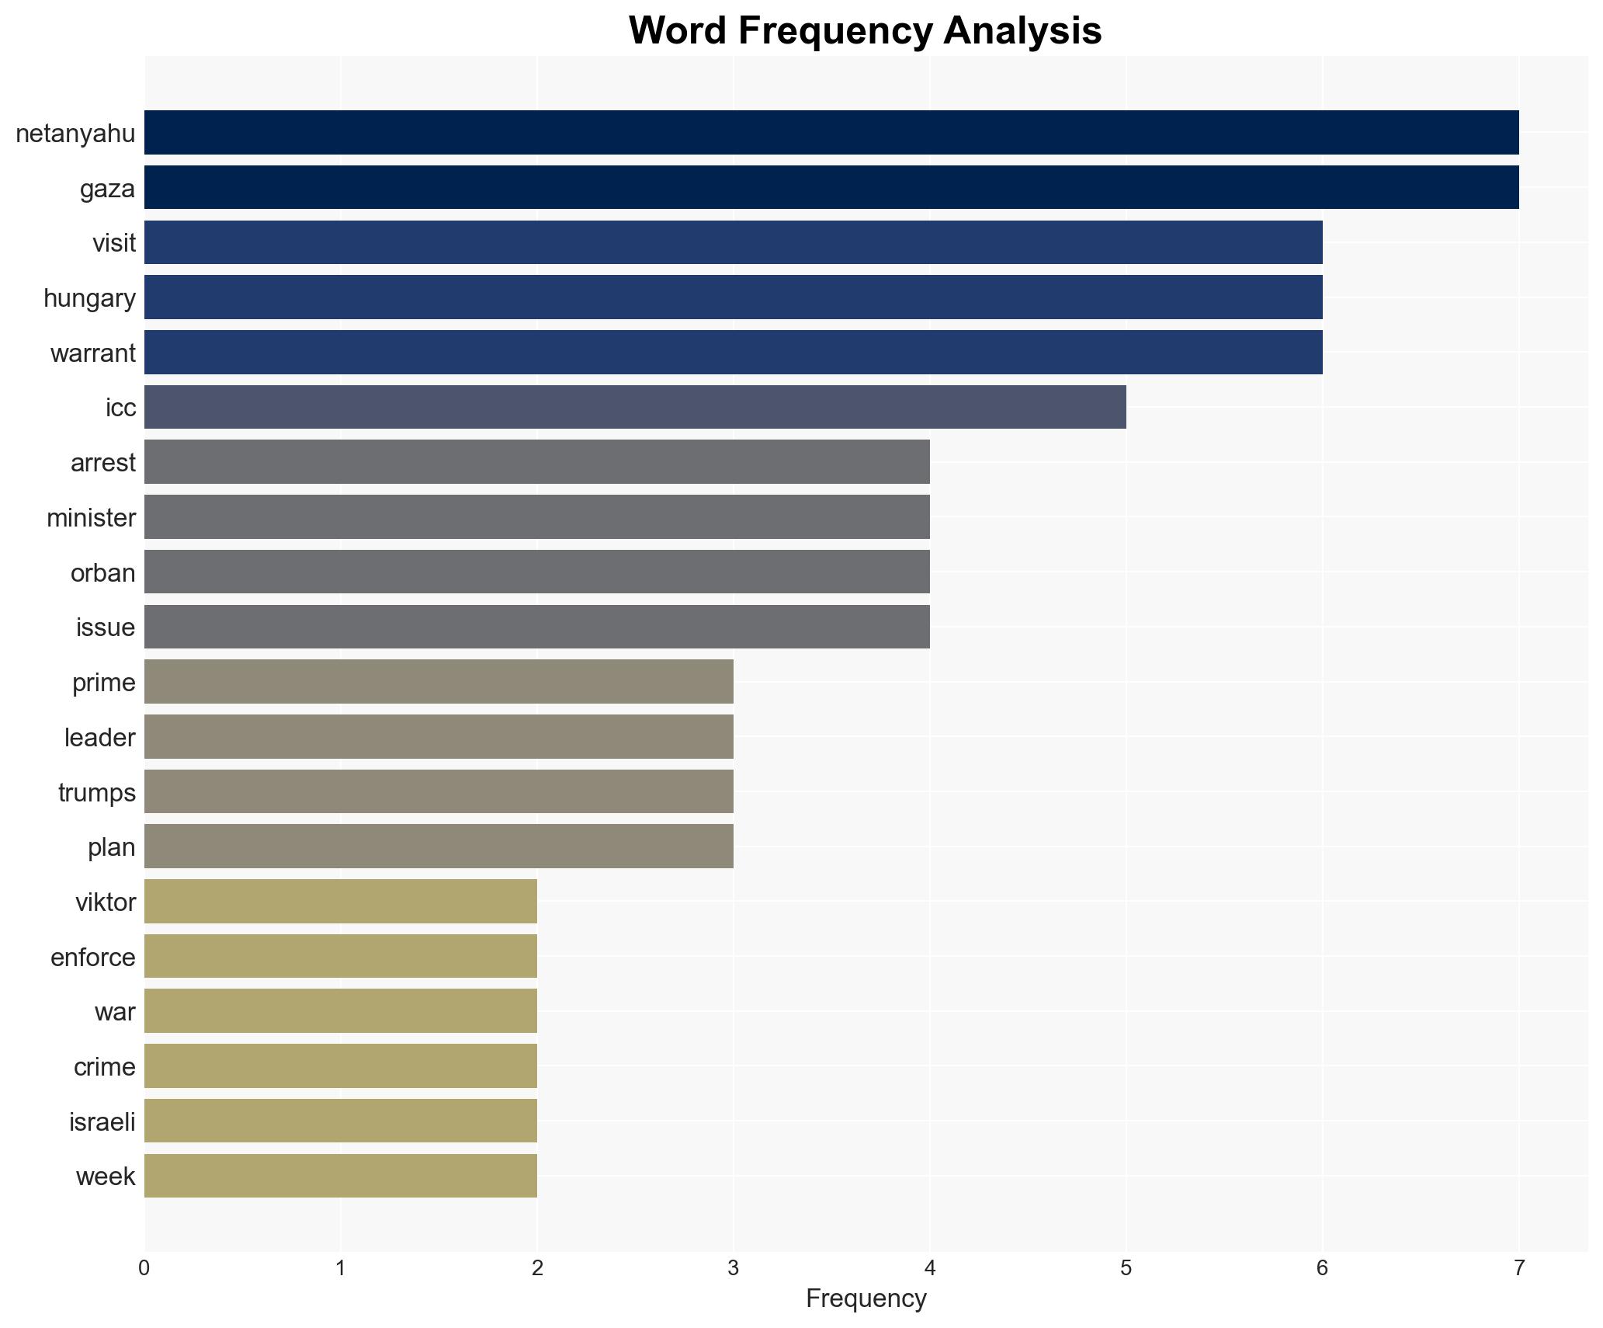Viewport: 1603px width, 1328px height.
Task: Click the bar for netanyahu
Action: pos(831,133)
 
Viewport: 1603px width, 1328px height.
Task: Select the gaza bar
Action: pos(831,188)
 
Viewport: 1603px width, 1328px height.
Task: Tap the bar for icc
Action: pos(635,407)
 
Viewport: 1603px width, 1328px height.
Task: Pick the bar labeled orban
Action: pos(537,572)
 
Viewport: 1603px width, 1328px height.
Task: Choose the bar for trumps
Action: pos(439,792)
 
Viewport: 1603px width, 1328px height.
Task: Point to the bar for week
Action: pos(341,1176)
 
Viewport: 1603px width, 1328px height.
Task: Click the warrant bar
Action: pos(733,353)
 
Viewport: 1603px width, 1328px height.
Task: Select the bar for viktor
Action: pos(341,902)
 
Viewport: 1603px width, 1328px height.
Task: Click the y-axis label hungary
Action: pos(89,298)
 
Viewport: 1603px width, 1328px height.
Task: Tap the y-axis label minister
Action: pos(91,518)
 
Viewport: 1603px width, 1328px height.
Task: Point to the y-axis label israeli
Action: pos(102,1122)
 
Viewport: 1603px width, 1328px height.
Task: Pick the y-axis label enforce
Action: pos(92,958)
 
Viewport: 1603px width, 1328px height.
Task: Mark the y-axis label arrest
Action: pos(102,463)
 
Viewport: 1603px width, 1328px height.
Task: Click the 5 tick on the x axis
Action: pos(1126,1269)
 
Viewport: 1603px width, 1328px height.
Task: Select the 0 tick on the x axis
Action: pos(144,1269)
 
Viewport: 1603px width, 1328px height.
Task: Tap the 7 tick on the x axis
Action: pos(1518,1269)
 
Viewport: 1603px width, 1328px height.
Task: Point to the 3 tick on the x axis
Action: pos(733,1269)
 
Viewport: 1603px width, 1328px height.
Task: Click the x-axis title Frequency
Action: pos(866,1298)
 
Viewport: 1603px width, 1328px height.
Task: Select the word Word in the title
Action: pos(678,32)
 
